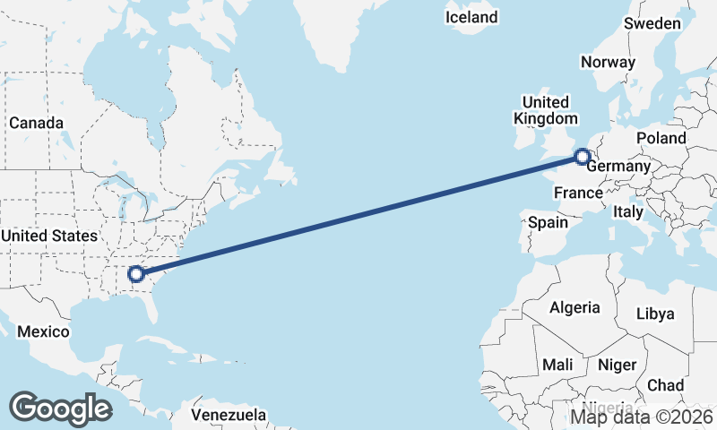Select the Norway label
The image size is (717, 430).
tap(608, 62)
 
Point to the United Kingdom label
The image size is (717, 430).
tap(545, 110)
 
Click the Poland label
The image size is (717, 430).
tap(661, 138)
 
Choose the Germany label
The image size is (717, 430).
tap(619, 167)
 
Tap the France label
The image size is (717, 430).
tap(577, 193)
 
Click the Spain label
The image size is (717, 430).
tap(548, 221)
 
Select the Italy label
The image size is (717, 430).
tap(628, 212)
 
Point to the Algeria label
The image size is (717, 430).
tap(574, 307)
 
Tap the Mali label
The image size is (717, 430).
tap(557, 365)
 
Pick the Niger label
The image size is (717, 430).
tap(617, 365)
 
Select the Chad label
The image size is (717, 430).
tap(665, 385)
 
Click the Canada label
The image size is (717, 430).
tap(36, 123)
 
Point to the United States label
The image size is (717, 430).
tap(49, 236)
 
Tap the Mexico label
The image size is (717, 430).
tap(44, 331)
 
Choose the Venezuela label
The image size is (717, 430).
tap(229, 415)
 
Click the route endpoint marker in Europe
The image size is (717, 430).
tap(583, 157)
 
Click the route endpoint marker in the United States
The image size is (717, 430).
tap(136, 274)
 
